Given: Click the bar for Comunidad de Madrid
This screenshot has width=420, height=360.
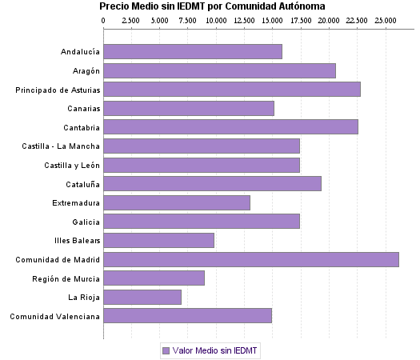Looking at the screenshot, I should point(251,259).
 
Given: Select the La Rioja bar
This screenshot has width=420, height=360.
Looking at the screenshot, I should point(142,297).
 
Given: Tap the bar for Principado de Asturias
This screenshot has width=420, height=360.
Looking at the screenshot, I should point(232,89).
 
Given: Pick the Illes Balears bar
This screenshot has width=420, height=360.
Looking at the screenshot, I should point(159,240).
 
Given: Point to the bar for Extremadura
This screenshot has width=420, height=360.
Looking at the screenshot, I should point(177,202).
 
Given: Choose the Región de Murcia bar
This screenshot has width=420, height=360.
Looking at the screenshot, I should point(154,278).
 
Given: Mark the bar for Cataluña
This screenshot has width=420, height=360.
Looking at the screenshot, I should point(213,183).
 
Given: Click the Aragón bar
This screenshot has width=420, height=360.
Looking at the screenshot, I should point(220,70).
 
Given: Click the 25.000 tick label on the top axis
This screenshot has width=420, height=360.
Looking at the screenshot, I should point(386,19).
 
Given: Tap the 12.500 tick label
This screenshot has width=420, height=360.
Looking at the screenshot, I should point(244,19).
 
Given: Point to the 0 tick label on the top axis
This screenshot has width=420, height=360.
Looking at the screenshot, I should point(104,19).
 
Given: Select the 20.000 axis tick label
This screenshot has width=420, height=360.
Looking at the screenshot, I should point(329,19).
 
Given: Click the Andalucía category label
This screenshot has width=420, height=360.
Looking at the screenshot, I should point(80,52).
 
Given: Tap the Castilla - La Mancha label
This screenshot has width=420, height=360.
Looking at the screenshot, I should point(61,146).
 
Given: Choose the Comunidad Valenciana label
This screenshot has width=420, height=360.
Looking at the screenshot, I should point(55,316).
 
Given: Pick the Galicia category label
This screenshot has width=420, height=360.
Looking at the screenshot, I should point(86,222).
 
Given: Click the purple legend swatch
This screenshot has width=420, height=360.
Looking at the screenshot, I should point(166,350).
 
